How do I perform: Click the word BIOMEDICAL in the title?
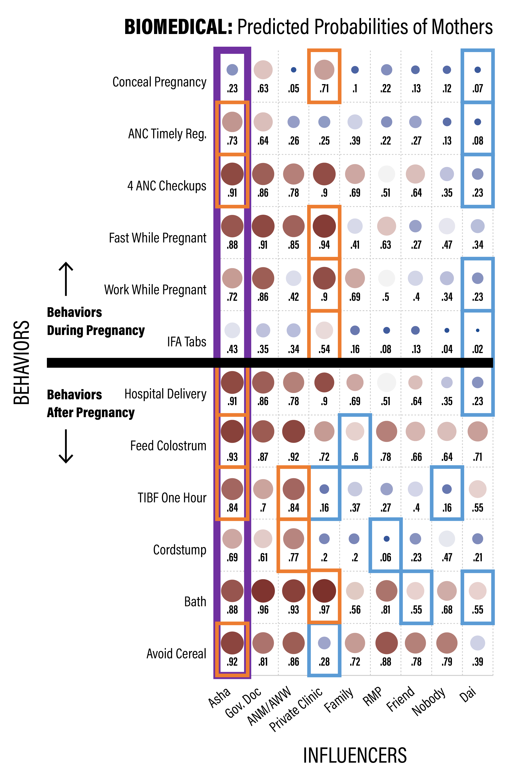(x=178, y=27)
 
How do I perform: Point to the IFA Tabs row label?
(x=186, y=342)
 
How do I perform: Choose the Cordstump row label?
(x=180, y=550)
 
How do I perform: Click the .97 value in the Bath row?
(x=324, y=610)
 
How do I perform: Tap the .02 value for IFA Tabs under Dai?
(x=478, y=349)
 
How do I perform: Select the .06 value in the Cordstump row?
(x=386, y=557)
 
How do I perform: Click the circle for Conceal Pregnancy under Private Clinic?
(x=324, y=70)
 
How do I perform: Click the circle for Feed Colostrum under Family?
(x=355, y=431)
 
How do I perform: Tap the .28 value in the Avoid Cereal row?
(x=324, y=662)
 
